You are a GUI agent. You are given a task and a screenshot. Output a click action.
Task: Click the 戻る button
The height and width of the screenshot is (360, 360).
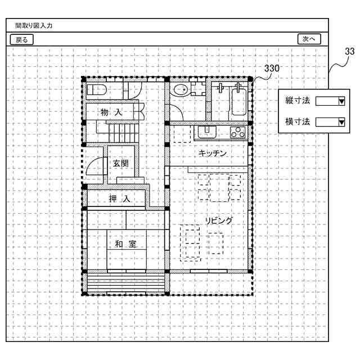(x=21, y=39)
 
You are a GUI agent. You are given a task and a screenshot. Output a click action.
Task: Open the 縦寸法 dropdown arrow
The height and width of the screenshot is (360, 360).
(x=341, y=101)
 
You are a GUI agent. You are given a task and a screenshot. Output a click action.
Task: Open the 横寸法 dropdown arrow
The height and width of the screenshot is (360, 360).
(x=341, y=122)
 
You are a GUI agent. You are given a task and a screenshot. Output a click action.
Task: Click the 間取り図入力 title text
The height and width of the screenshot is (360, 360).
(x=34, y=25)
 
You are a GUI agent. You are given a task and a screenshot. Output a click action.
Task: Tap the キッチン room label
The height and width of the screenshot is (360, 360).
(x=213, y=153)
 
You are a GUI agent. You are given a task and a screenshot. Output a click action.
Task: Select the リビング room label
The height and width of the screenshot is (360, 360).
(x=219, y=220)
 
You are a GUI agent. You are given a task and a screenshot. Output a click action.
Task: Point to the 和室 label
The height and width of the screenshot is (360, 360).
(x=126, y=244)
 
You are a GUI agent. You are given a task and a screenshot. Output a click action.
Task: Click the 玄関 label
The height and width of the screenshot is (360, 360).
(x=121, y=164)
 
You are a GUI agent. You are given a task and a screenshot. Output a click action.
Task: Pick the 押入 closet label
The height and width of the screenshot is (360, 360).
(x=119, y=199)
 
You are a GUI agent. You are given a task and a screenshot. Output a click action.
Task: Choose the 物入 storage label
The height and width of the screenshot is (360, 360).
(x=111, y=112)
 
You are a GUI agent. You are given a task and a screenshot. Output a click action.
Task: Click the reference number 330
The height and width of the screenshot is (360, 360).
(x=272, y=69)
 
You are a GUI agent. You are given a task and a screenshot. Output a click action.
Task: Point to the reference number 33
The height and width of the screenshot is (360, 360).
(x=350, y=51)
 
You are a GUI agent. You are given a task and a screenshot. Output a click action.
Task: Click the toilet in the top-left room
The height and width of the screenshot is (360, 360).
(x=96, y=90)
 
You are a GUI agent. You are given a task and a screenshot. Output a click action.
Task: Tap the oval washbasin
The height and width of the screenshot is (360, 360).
(x=181, y=90)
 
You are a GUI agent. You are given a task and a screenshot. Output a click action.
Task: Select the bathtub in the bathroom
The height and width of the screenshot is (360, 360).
(x=239, y=102)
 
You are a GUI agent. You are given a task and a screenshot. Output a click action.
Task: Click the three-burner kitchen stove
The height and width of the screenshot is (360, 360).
(x=237, y=132)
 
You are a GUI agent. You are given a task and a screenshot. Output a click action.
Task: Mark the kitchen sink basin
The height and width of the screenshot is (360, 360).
(x=207, y=132)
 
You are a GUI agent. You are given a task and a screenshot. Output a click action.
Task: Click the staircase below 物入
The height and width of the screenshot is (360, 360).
(x=124, y=133)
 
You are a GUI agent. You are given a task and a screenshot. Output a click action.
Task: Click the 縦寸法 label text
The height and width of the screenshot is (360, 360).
(x=298, y=101)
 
